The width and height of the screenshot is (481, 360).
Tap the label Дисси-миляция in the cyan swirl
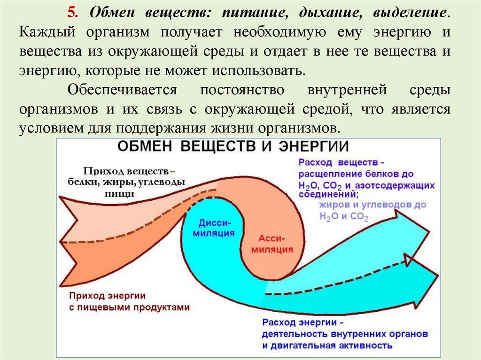coord(214,227)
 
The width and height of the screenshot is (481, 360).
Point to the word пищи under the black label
coord(124,193)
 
